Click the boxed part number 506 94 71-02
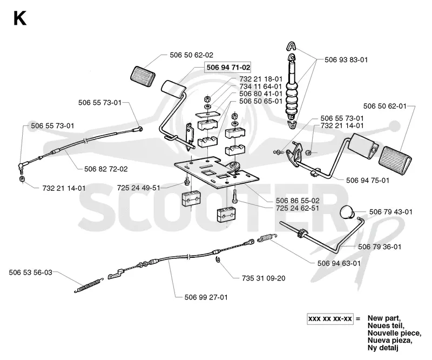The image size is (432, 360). [x=228, y=68]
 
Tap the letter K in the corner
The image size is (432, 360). [x=20, y=19]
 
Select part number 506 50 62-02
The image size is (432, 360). [x=192, y=55]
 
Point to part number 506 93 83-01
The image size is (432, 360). [x=346, y=60]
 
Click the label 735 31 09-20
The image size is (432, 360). [x=264, y=278]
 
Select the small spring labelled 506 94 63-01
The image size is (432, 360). [x=267, y=238]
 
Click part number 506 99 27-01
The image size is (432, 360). [x=206, y=297]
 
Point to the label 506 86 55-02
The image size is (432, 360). [x=298, y=201]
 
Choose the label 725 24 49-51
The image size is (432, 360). [x=139, y=188]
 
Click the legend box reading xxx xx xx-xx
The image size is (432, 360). [x=330, y=319]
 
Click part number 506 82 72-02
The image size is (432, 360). [x=106, y=169]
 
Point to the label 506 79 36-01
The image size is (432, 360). [x=380, y=247]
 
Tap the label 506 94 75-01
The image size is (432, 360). [x=368, y=181]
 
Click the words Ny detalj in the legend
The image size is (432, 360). [x=383, y=348]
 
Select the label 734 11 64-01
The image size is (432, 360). [x=261, y=86]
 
